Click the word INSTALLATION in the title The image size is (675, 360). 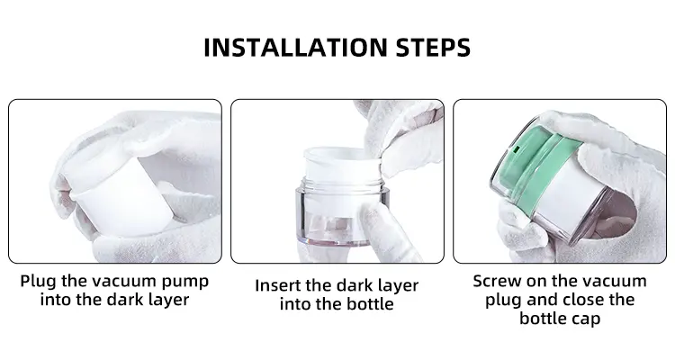[295, 48]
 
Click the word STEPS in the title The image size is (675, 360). [433, 48]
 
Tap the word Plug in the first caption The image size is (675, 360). [39, 282]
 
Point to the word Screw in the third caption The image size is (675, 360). [496, 281]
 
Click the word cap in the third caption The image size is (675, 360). [586, 319]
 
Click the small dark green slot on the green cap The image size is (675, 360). [516, 150]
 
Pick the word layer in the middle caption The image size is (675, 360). [396, 286]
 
